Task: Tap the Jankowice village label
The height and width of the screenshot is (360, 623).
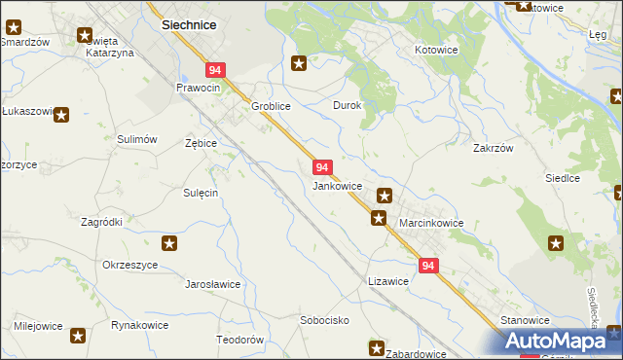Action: pos(338,185)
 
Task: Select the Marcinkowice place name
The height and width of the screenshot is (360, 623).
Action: pos(431,223)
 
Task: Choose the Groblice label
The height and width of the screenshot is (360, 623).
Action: pos(272,106)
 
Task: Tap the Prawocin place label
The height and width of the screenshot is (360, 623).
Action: pos(199,88)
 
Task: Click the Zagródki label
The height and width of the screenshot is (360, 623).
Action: pos(101,222)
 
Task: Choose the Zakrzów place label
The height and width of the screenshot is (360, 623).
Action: pos(493,149)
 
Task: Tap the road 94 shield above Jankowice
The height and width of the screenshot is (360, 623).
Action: pos(324,167)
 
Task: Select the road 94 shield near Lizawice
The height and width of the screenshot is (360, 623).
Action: pos(428,265)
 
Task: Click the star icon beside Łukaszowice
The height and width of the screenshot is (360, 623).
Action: pos(61,115)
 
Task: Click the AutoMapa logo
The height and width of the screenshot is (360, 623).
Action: pos(556,342)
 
